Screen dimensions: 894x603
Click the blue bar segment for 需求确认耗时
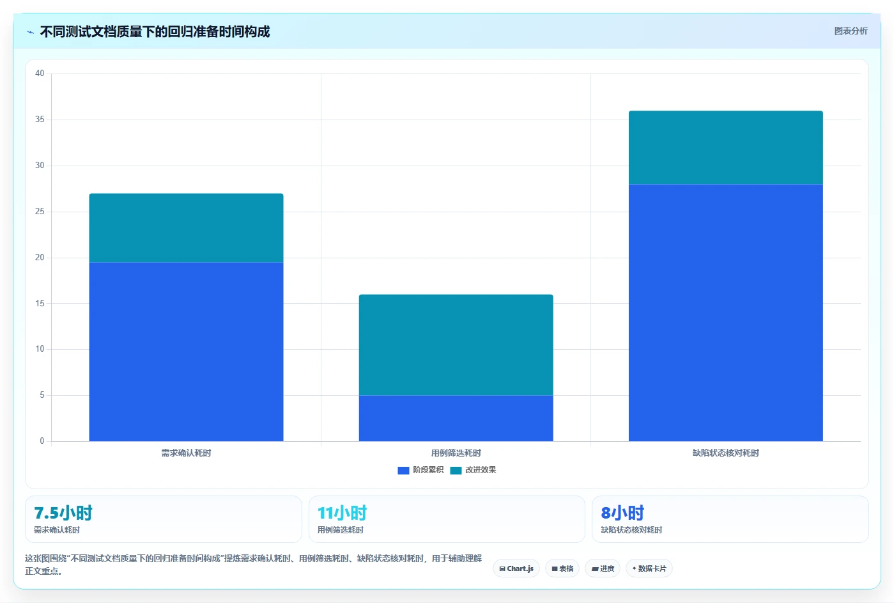tap(186, 352)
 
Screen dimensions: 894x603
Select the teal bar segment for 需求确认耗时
tap(186, 228)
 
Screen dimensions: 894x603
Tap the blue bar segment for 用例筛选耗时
tap(456, 418)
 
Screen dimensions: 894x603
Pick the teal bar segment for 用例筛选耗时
tap(456, 345)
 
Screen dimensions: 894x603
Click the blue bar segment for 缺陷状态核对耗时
tap(725, 313)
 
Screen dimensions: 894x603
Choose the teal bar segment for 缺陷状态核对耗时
tap(725, 148)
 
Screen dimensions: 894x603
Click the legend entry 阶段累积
tap(420, 470)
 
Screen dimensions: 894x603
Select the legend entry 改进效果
tap(474, 470)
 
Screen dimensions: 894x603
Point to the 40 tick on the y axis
tap(40, 74)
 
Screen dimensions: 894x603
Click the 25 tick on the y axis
tap(40, 211)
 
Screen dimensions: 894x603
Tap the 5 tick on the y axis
tap(42, 395)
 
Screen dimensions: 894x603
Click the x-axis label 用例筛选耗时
tap(456, 453)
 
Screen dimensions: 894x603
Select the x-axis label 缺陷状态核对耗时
tap(725, 453)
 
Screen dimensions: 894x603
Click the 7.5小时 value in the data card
tap(63, 513)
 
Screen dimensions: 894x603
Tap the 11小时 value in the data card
tap(342, 513)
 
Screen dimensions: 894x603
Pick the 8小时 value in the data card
tap(622, 513)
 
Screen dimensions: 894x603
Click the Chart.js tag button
tap(516, 568)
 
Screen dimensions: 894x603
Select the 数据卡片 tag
tap(649, 568)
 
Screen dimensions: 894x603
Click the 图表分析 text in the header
tap(851, 31)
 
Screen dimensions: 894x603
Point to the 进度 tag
tap(603, 568)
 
